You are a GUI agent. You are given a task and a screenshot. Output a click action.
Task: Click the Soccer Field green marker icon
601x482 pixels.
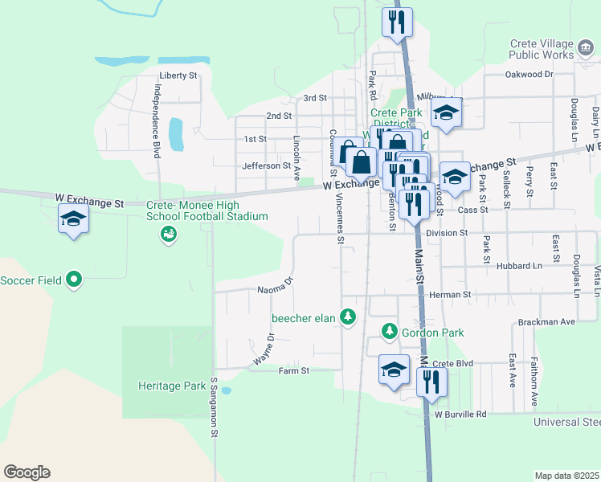tap(74, 280)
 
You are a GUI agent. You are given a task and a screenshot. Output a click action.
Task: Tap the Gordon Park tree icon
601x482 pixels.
tap(390, 331)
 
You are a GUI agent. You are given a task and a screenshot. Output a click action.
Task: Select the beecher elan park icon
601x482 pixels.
tap(348, 318)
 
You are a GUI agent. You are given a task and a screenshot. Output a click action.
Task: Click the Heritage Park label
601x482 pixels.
tap(171, 386)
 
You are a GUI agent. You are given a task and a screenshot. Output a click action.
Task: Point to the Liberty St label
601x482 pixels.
tap(178, 76)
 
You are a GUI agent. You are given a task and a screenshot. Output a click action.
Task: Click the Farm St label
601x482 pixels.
tap(293, 371)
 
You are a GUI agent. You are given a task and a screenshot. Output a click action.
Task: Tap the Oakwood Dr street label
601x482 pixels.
tap(529, 75)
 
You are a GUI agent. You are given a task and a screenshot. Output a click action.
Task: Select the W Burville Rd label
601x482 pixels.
tap(460, 415)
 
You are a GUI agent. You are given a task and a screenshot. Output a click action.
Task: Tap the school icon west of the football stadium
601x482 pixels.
tap(73, 219)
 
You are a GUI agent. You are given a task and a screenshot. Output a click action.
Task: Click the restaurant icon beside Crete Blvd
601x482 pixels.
tap(431, 383)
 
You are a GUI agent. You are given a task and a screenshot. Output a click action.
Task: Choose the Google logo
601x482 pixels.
tap(27, 472)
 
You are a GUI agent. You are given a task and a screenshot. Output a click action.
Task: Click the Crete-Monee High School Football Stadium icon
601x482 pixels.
tap(168, 235)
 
